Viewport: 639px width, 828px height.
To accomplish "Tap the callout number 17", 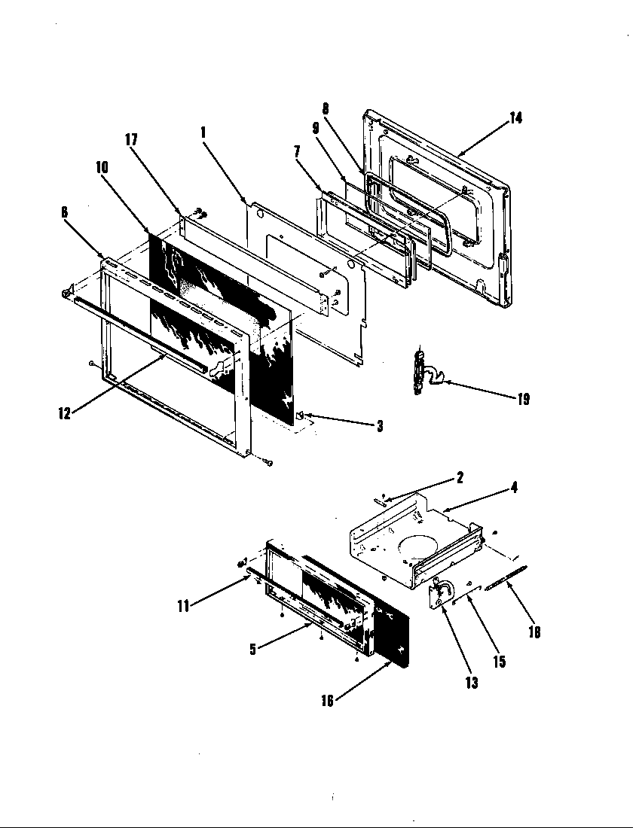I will [132, 140].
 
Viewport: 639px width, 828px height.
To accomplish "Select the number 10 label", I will [102, 167].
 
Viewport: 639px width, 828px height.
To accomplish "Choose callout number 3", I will [379, 427].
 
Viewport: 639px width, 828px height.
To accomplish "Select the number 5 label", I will [253, 649].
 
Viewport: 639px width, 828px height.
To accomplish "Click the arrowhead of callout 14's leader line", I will [458, 154].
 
